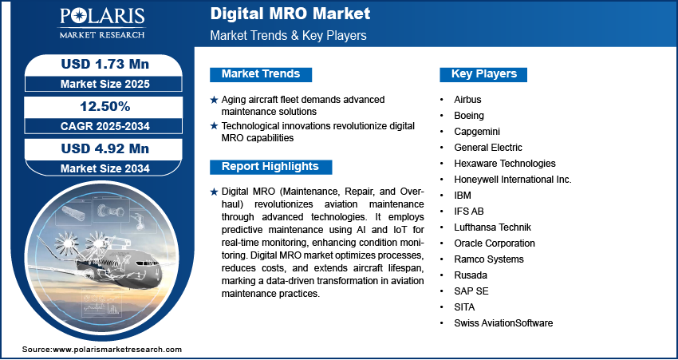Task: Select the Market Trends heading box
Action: point(261,74)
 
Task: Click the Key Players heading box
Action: point(484,74)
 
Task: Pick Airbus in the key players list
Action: point(467,100)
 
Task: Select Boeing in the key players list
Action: point(468,116)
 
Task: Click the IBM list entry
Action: point(463,196)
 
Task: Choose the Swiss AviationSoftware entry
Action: point(503,323)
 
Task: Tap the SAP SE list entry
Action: point(469,291)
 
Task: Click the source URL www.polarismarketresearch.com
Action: point(117,350)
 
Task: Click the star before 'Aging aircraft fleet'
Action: point(213,100)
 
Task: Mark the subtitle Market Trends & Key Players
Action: point(288,35)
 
